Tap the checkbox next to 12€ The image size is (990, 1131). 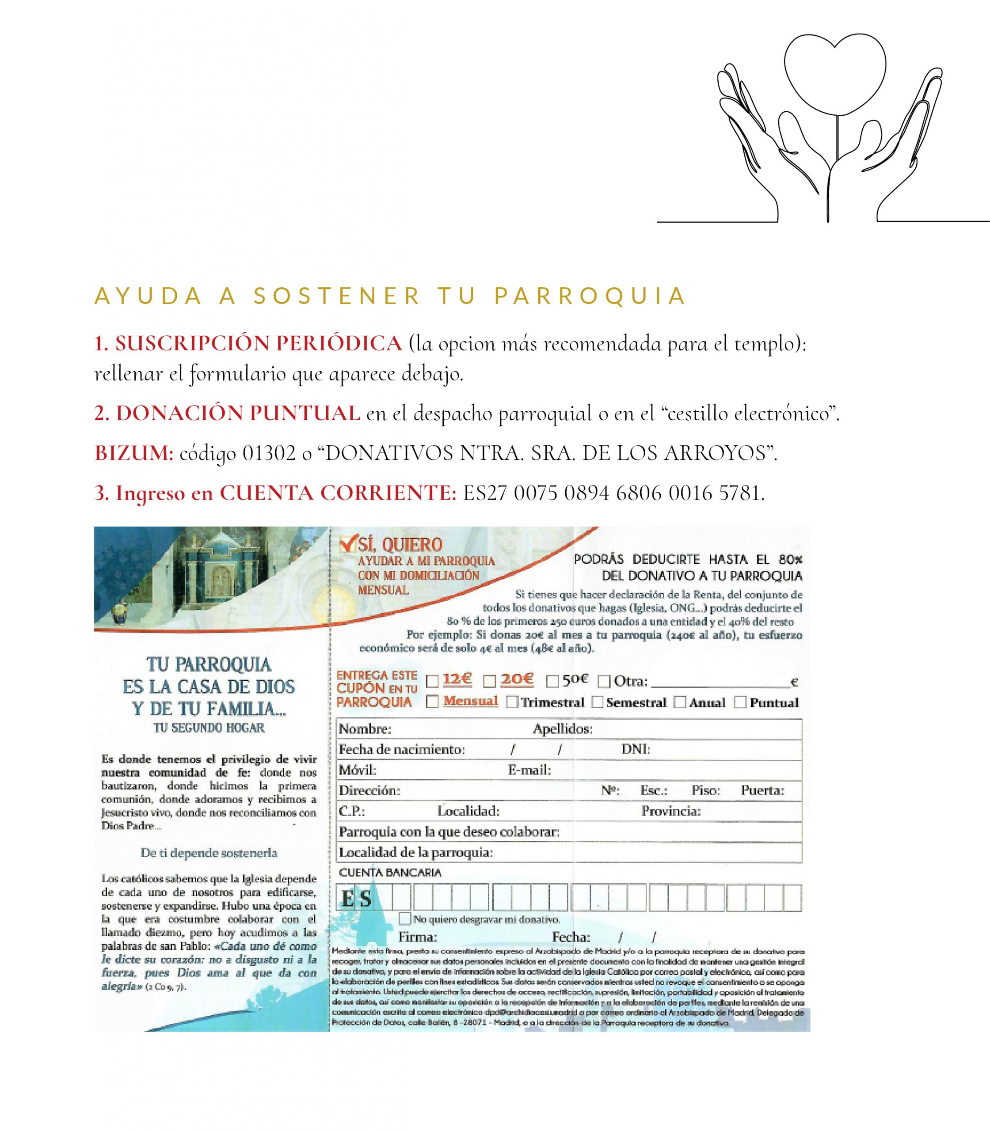(x=433, y=681)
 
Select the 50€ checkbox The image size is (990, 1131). (x=552, y=681)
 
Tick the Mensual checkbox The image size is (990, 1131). (x=433, y=702)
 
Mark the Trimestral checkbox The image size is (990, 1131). (x=512, y=702)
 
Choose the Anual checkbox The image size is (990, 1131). (x=680, y=702)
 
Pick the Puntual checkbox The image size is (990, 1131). (x=740, y=702)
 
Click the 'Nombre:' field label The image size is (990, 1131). (x=365, y=729)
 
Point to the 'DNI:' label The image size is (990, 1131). (x=636, y=749)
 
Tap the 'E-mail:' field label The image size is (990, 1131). (x=529, y=770)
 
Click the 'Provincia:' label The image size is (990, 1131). (x=671, y=811)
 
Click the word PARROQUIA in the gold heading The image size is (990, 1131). (x=590, y=296)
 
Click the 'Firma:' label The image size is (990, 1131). (x=418, y=937)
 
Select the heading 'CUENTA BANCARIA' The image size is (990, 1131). (x=390, y=873)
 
